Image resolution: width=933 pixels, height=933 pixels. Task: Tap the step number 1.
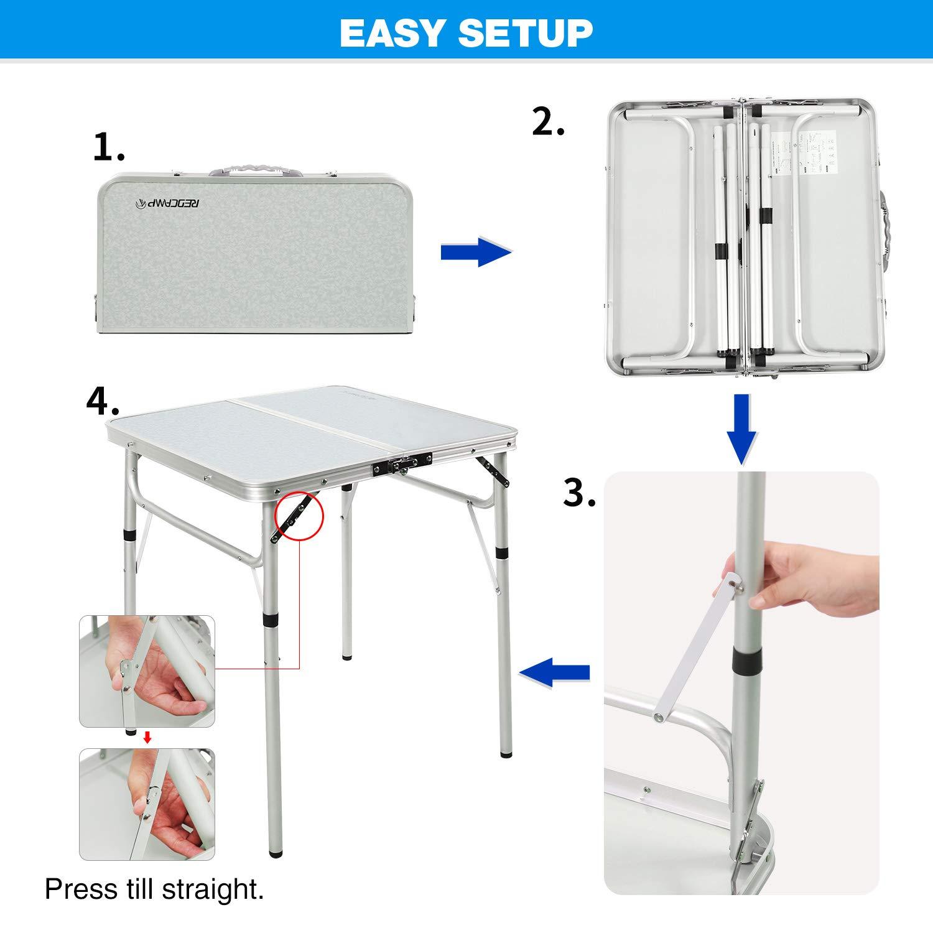point(109,147)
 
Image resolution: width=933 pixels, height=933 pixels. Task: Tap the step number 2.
point(549,122)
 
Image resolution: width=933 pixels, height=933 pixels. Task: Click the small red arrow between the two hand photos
point(147,738)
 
